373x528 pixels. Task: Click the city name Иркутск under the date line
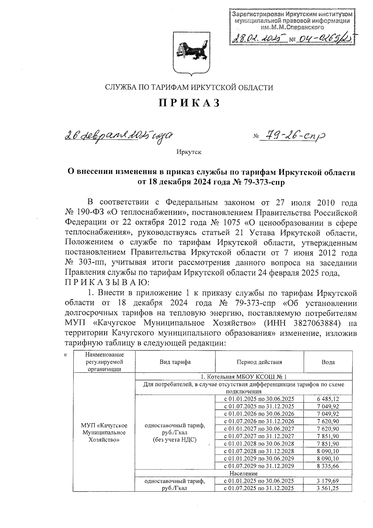[189, 152]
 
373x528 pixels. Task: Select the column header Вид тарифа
[175, 362]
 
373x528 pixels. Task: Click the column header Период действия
[259, 362]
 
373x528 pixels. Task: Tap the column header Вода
[328, 362]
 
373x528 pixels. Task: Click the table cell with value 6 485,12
[328, 399]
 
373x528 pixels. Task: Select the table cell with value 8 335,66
[328, 466]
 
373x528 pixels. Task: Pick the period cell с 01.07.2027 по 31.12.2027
[259, 436]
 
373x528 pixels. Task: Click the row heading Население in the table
[244, 474]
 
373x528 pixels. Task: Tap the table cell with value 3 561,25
[328, 488]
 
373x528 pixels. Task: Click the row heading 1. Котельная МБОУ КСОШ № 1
[244, 377]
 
